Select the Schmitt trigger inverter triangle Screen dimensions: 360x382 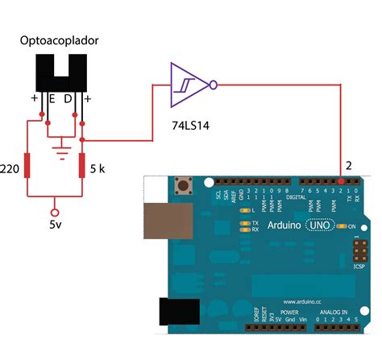(x=186, y=83)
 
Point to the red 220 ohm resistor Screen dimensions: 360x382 (x=28, y=165)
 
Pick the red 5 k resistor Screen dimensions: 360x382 (x=81, y=165)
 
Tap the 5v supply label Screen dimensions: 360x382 (x=54, y=226)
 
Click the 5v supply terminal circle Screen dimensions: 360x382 (x=54, y=205)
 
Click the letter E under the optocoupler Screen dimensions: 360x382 (x=52, y=100)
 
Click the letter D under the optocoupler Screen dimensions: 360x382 (x=68, y=100)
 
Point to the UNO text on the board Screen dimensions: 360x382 (x=319, y=228)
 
